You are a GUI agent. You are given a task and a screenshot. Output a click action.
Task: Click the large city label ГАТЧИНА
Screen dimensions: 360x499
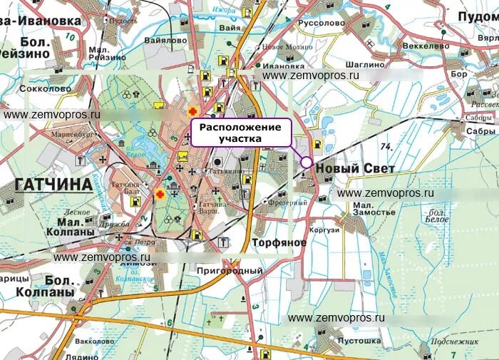click(53, 185)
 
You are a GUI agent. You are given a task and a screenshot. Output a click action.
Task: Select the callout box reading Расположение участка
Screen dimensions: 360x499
click(241, 133)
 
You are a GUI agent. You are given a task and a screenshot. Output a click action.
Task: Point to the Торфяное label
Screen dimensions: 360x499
click(279, 243)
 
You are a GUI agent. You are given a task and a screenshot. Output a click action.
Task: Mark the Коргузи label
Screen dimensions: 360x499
click(324, 232)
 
